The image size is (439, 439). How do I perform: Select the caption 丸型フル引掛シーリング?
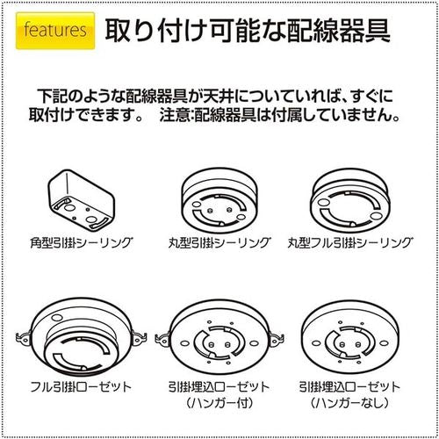[361, 241]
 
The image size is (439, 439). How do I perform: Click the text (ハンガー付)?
[219, 403]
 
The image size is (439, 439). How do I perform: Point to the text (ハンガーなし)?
[359, 403]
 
